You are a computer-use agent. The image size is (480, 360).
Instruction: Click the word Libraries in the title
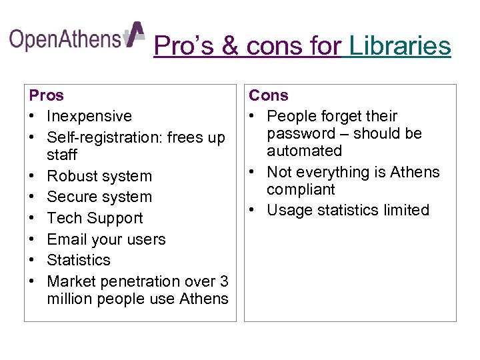click(x=400, y=46)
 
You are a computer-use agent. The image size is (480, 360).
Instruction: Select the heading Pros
click(x=47, y=95)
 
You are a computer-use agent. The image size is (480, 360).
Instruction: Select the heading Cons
click(x=269, y=95)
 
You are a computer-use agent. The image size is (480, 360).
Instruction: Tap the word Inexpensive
click(x=89, y=116)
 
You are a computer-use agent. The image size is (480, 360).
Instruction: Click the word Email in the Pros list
click(x=67, y=239)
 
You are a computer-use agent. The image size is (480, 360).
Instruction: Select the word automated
click(x=304, y=151)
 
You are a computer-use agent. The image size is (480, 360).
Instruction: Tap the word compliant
click(x=301, y=189)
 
